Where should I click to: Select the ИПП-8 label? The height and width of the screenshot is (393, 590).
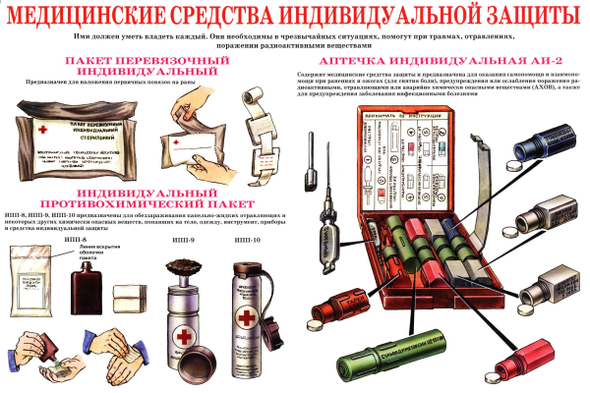pos(62,239)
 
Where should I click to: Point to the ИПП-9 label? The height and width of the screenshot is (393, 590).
pos(179,239)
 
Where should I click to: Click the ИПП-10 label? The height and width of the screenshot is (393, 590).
pos(247,239)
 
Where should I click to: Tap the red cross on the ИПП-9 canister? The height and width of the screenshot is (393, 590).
pos(181,337)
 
